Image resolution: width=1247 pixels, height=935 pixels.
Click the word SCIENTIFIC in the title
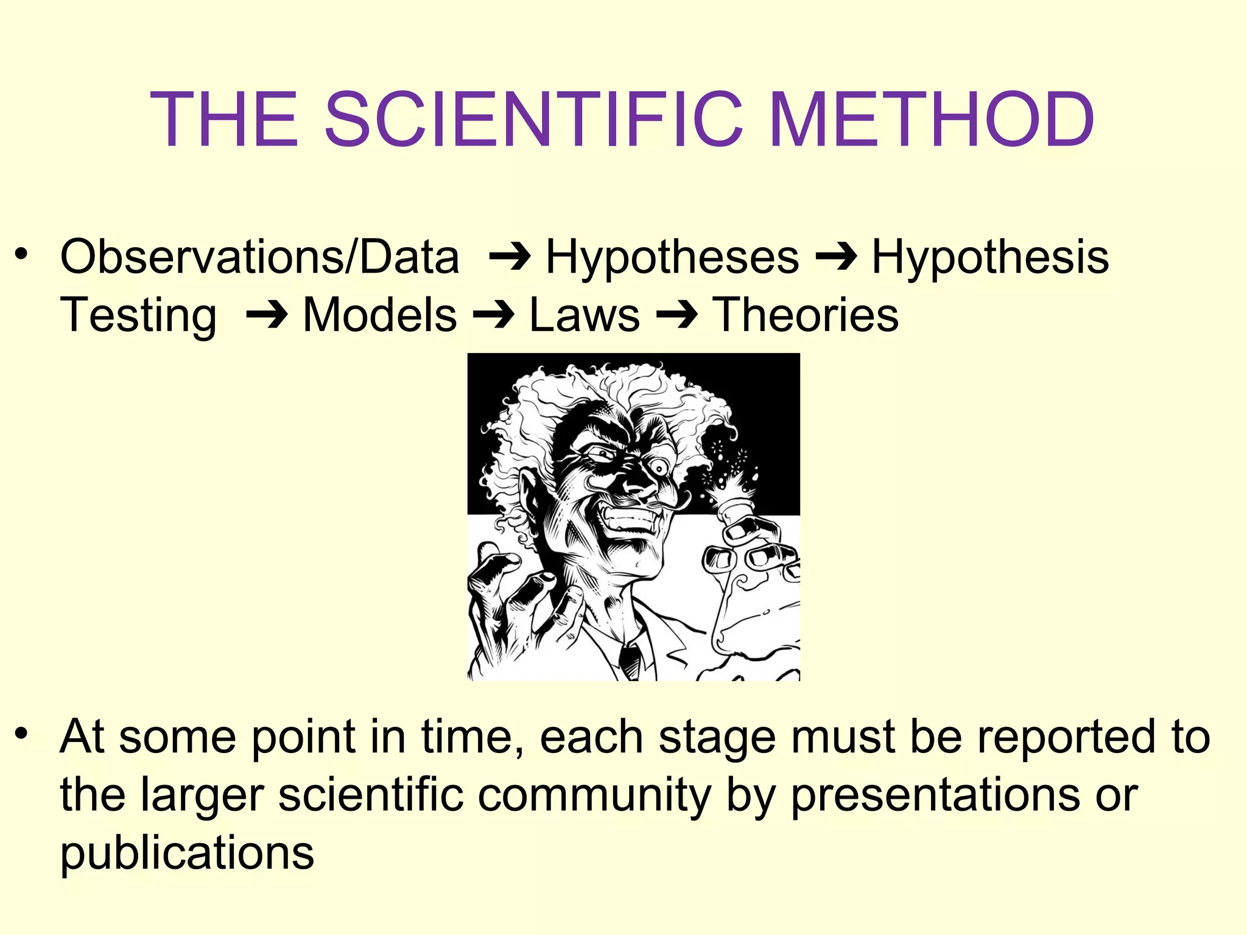point(533,119)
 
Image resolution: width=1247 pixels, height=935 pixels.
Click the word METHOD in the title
point(932,119)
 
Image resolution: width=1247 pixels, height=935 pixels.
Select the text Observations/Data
point(259,257)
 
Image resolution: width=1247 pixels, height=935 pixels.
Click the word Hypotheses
point(672,257)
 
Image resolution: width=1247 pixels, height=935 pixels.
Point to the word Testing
point(138,315)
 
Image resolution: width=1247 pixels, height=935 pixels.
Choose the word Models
point(379,315)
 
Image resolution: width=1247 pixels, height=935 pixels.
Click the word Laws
point(585,315)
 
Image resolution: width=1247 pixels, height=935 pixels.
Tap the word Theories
point(805,315)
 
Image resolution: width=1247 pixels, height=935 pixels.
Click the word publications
point(187,852)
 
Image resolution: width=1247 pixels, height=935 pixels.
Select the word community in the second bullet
point(594,794)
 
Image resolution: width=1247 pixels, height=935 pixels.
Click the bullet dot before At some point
point(22,733)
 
